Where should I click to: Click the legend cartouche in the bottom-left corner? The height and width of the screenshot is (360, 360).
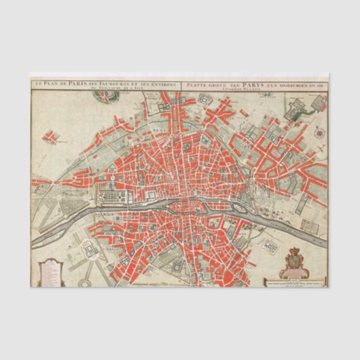tap(51, 272)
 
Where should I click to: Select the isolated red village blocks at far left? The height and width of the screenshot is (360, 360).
tap(51, 137)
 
